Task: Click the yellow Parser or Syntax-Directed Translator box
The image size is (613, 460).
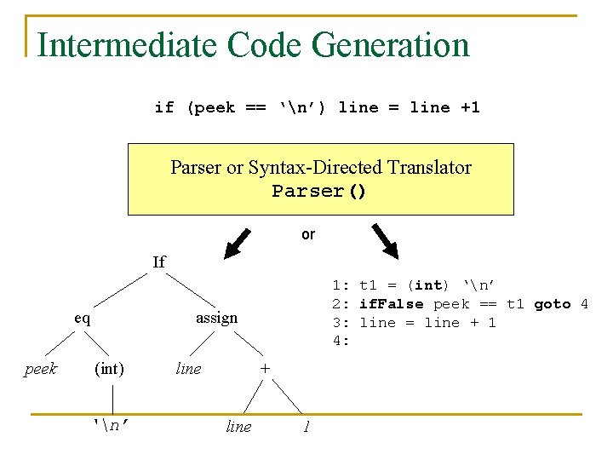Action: pyautogui.click(x=320, y=179)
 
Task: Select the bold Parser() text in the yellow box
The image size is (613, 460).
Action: pyautogui.click(x=319, y=191)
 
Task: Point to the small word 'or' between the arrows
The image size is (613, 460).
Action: pyautogui.click(x=308, y=234)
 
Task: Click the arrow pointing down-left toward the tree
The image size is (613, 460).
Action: pyautogui.click(x=239, y=242)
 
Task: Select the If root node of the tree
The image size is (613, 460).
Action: pyautogui.click(x=159, y=262)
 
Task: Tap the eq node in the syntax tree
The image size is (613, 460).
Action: pyautogui.click(x=83, y=318)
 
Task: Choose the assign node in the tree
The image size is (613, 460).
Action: pyautogui.click(x=217, y=318)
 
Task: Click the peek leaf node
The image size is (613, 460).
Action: pyautogui.click(x=41, y=369)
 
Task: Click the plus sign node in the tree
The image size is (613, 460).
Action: pyautogui.click(x=265, y=369)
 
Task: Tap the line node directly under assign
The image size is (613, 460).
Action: pyautogui.click(x=188, y=369)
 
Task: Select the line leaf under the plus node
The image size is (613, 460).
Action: pyautogui.click(x=238, y=427)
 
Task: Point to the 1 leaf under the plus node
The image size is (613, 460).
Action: pyautogui.click(x=305, y=427)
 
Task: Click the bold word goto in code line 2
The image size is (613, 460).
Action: pyautogui.click(x=553, y=304)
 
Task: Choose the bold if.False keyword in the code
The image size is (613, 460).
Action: pyautogui.click(x=391, y=304)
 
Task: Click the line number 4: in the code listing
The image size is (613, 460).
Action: pyautogui.click(x=341, y=342)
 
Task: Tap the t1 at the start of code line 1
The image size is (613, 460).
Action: pyautogui.click(x=369, y=285)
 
